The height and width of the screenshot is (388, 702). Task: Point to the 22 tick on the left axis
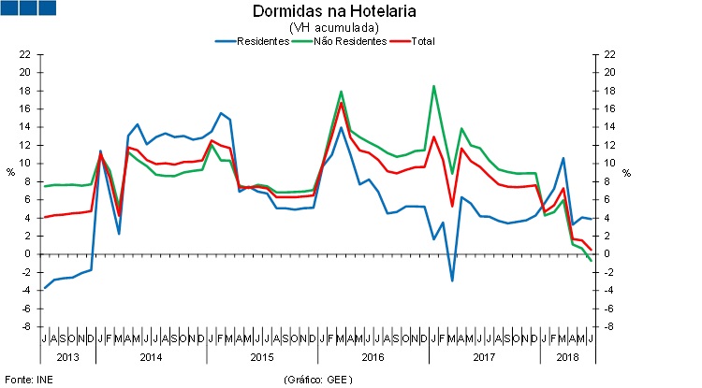click(26, 54)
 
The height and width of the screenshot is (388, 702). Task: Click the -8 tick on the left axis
click(26, 326)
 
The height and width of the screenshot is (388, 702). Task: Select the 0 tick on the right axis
click(610, 254)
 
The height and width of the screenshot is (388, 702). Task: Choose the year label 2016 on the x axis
click(373, 356)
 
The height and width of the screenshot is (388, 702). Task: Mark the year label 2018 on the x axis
click(566, 356)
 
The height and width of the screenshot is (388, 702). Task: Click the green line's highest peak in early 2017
click(434, 86)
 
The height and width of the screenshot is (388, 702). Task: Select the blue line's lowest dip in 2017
click(452, 280)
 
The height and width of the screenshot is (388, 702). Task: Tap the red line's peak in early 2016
click(342, 102)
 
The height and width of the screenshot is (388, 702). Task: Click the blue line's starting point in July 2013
click(44, 288)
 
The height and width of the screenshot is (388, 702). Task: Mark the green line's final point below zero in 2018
click(591, 260)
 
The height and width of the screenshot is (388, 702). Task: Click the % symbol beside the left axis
click(10, 172)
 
